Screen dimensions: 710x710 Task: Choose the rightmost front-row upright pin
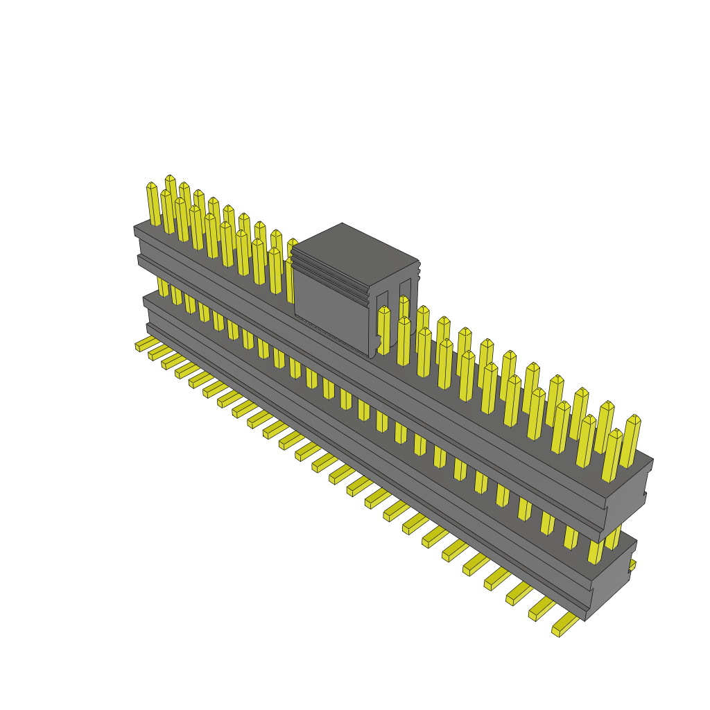click(x=611, y=456)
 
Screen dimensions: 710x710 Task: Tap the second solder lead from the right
click(x=542, y=609)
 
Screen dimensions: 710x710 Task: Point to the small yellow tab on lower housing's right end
click(x=632, y=565)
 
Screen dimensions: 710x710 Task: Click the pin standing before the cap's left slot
click(x=383, y=331)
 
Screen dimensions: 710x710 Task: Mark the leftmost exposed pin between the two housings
click(x=162, y=286)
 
